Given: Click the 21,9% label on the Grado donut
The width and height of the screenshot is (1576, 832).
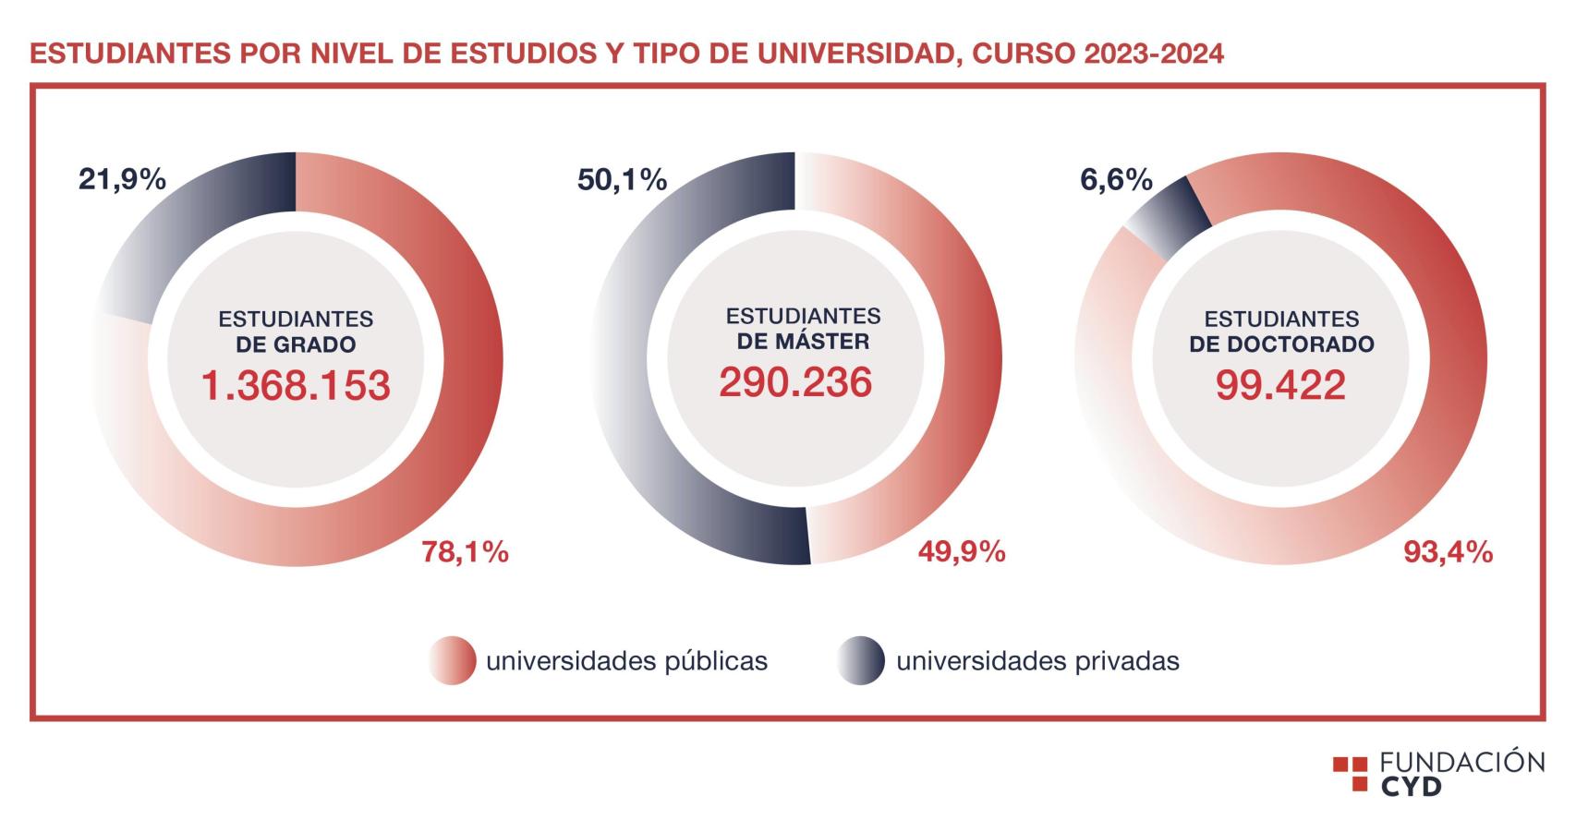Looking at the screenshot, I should pos(122,179).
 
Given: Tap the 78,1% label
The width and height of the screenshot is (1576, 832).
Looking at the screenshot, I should pos(465,552).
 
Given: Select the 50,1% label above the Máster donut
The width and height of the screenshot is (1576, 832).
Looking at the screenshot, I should pos(622,179).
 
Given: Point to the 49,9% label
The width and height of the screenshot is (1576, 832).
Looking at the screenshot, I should pos(961,552).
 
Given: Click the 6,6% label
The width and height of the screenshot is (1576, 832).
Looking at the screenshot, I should pos(1116,179).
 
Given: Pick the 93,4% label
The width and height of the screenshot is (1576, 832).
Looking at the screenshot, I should pos(1448,552).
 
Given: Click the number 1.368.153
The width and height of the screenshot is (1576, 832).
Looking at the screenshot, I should pos(296,385).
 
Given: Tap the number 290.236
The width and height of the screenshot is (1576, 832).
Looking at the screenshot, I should pos(795,381).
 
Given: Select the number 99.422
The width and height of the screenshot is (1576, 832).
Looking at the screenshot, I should pos(1280,385).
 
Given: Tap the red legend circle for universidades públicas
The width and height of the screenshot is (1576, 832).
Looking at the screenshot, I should pos(453,661).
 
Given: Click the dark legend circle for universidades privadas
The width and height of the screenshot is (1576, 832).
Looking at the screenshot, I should pos(861,661).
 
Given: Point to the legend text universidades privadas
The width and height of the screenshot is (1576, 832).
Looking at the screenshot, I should pos(1037,661).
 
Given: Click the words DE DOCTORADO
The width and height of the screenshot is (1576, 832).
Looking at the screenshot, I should pos(1281,344).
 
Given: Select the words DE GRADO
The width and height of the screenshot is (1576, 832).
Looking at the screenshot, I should pos(296,344).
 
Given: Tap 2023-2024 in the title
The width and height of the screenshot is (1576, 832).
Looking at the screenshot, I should pos(1154,53).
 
